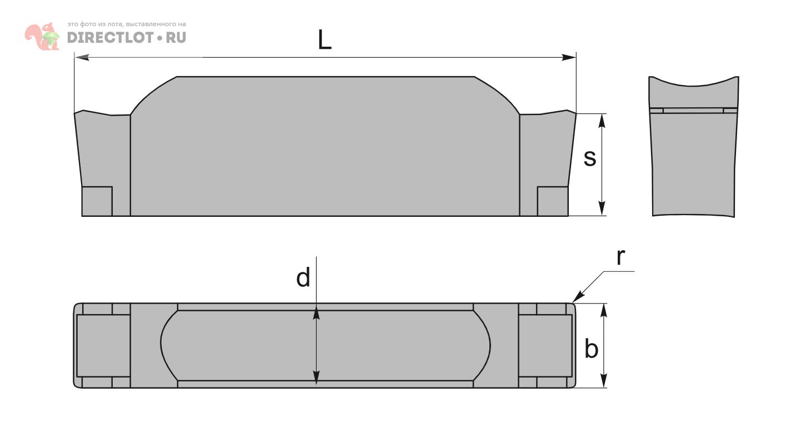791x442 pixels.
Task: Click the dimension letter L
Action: coord(324,39)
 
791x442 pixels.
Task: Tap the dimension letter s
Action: coord(590,158)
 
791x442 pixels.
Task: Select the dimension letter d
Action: coord(303,277)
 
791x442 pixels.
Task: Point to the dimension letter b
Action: coord(592,348)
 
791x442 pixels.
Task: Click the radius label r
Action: coord(621,257)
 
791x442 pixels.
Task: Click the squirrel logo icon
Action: coord(42,36)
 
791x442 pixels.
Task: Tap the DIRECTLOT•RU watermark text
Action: coord(127,37)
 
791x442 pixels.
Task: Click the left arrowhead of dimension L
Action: coord(82,57)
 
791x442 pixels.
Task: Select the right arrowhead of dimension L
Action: coord(569,57)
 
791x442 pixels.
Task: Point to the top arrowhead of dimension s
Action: coord(603,121)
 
